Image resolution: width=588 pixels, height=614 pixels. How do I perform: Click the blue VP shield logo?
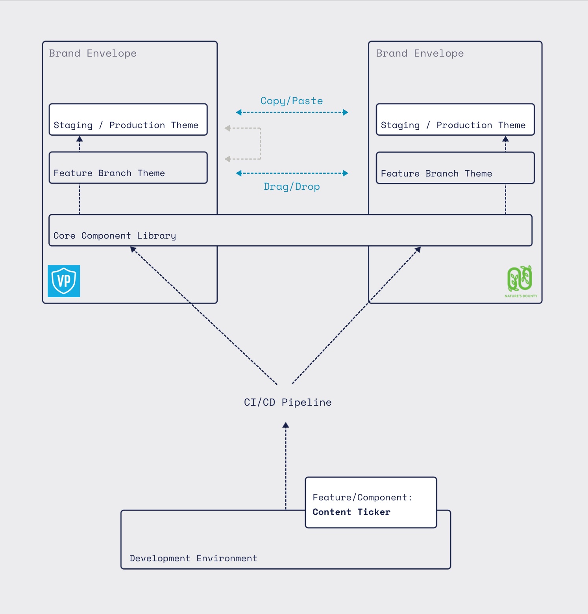[x=64, y=281]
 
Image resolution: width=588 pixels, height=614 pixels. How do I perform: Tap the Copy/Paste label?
[x=292, y=101]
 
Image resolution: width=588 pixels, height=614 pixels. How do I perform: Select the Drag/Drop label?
[x=292, y=187]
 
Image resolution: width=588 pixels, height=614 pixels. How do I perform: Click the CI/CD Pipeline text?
[x=288, y=403]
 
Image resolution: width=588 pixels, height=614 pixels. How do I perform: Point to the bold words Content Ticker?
[x=351, y=512]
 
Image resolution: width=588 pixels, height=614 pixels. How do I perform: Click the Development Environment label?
[x=193, y=558]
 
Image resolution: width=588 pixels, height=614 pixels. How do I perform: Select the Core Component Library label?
[x=115, y=236]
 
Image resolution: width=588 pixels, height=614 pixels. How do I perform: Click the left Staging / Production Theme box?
[x=128, y=119]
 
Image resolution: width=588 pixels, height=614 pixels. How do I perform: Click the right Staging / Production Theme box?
[x=455, y=119]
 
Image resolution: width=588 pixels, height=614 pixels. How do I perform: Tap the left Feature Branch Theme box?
[x=128, y=168]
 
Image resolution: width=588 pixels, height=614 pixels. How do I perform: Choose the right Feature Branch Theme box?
[x=455, y=168]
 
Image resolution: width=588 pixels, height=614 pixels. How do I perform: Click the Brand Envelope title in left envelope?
[x=93, y=53]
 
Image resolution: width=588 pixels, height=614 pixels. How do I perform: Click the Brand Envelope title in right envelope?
[x=420, y=53]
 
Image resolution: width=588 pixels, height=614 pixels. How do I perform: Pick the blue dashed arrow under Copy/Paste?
[x=292, y=112]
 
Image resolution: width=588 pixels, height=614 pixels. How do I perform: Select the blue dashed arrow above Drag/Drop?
[x=292, y=173]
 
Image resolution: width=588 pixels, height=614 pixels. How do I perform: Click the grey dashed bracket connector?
[x=260, y=143]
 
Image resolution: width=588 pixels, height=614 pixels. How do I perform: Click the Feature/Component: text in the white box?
[x=362, y=498]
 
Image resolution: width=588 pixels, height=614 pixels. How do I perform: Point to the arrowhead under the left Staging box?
[x=80, y=139]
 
